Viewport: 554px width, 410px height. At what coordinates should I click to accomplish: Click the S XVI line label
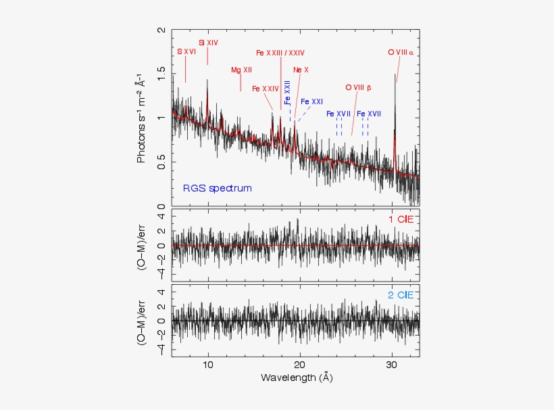(186, 51)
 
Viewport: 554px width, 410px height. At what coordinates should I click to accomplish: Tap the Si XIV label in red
(208, 43)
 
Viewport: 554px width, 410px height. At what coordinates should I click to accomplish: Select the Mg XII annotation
(241, 70)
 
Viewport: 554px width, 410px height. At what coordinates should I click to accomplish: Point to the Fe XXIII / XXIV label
(280, 53)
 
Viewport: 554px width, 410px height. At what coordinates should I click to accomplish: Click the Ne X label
(301, 70)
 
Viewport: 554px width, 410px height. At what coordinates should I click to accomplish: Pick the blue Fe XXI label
(312, 101)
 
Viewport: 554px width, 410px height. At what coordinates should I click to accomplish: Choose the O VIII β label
(359, 88)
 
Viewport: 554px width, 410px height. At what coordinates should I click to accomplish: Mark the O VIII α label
(401, 51)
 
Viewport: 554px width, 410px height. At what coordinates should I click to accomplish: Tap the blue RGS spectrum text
(217, 188)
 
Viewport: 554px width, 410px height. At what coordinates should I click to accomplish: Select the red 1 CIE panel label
(401, 219)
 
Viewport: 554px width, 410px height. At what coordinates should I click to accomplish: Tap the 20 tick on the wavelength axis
(300, 364)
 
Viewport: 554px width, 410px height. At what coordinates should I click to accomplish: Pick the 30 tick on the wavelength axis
(392, 364)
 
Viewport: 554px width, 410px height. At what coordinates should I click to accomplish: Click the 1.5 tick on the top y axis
(161, 74)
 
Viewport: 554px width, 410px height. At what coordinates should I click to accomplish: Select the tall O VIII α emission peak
(395, 101)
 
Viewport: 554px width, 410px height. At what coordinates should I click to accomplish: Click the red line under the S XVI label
(186, 69)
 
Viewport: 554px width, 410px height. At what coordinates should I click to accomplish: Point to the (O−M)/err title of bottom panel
(143, 320)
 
